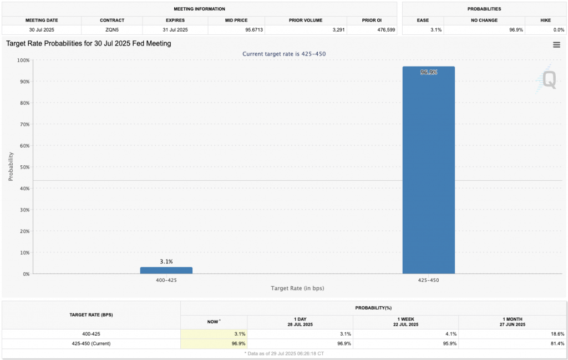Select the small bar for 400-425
click(x=166, y=270)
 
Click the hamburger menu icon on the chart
click(x=556, y=45)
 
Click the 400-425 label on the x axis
click(x=166, y=280)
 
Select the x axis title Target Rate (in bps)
click(x=297, y=288)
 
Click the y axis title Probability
click(x=11, y=167)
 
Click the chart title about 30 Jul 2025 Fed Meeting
click(x=88, y=43)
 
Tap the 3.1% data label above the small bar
click(x=166, y=261)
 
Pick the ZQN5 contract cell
click(x=111, y=29)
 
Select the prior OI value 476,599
click(x=372, y=29)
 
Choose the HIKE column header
click(x=545, y=20)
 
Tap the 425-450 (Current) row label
click(x=91, y=343)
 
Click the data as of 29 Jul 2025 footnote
click(x=284, y=353)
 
